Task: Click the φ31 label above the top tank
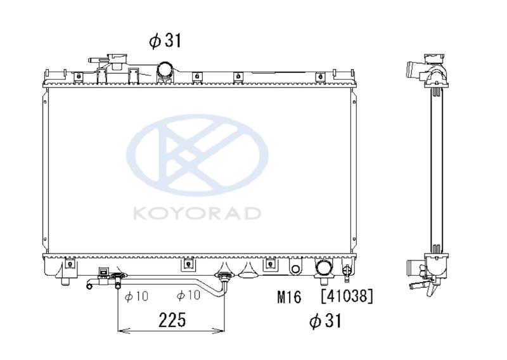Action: coord(165,41)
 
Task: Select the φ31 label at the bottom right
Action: coord(325,321)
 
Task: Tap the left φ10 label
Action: coord(136,295)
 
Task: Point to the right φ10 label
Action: coord(188,295)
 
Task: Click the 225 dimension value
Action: coord(172,320)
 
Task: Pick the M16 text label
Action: coord(289,297)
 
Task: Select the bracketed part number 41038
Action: coord(347,296)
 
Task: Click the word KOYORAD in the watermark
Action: coord(197,213)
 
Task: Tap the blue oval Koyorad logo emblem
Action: coord(197,155)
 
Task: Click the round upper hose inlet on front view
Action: coord(165,70)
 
